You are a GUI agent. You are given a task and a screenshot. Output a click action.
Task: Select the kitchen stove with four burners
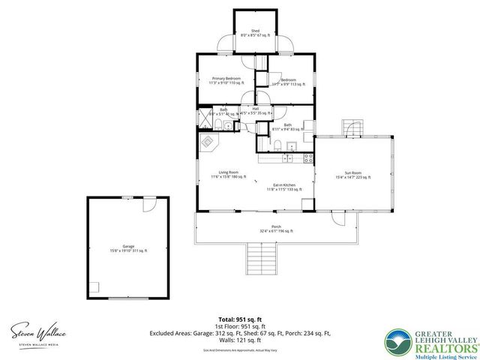click(x=307, y=157)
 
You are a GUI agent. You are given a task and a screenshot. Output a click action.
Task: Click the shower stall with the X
click(x=204, y=118)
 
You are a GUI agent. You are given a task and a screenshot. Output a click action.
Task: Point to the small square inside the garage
click(x=94, y=286)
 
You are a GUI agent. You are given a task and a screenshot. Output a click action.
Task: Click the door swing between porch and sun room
click(x=336, y=219)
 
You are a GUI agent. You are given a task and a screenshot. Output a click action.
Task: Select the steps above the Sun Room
click(x=350, y=127)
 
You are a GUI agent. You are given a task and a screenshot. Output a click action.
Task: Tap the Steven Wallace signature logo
click(x=38, y=332)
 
